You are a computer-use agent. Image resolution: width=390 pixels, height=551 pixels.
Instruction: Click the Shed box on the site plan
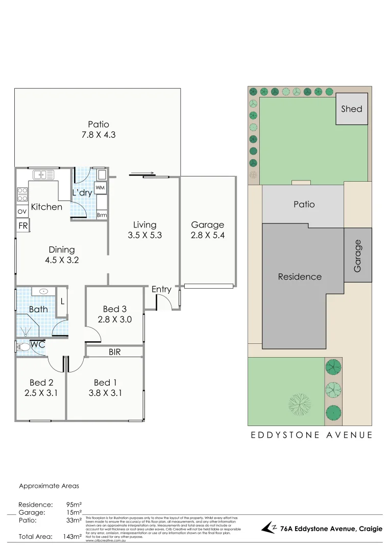click(352, 109)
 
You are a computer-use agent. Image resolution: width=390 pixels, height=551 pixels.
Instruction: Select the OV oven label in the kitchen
click(22, 211)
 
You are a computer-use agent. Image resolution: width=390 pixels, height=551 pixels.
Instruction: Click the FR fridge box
click(23, 225)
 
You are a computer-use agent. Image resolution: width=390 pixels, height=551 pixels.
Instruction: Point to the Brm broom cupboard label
click(102, 215)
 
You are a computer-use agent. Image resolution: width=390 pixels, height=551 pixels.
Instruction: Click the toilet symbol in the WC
click(23, 346)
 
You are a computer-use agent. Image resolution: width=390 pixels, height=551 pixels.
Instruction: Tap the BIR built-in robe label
click(114, 352)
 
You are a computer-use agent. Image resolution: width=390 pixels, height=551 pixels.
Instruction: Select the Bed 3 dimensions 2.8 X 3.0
click(115, 320)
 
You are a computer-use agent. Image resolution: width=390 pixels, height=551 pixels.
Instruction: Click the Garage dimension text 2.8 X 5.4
click(208, 236)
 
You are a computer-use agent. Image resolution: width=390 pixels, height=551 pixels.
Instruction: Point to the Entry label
click(161, 289)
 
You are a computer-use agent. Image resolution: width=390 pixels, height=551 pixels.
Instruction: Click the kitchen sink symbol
click(44, 175)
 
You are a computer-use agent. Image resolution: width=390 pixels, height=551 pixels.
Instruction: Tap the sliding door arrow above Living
click(142, 173)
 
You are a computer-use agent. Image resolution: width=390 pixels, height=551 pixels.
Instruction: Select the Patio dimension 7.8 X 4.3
click(99, 135)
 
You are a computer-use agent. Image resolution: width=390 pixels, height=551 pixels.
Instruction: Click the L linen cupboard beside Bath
click(62, 302)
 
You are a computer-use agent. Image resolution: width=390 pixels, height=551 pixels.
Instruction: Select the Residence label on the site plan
click(300, 277)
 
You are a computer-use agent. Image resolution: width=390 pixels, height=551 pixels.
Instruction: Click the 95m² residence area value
click(74, 505)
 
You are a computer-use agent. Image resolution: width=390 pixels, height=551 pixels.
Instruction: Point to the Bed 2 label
click(41, 383)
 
